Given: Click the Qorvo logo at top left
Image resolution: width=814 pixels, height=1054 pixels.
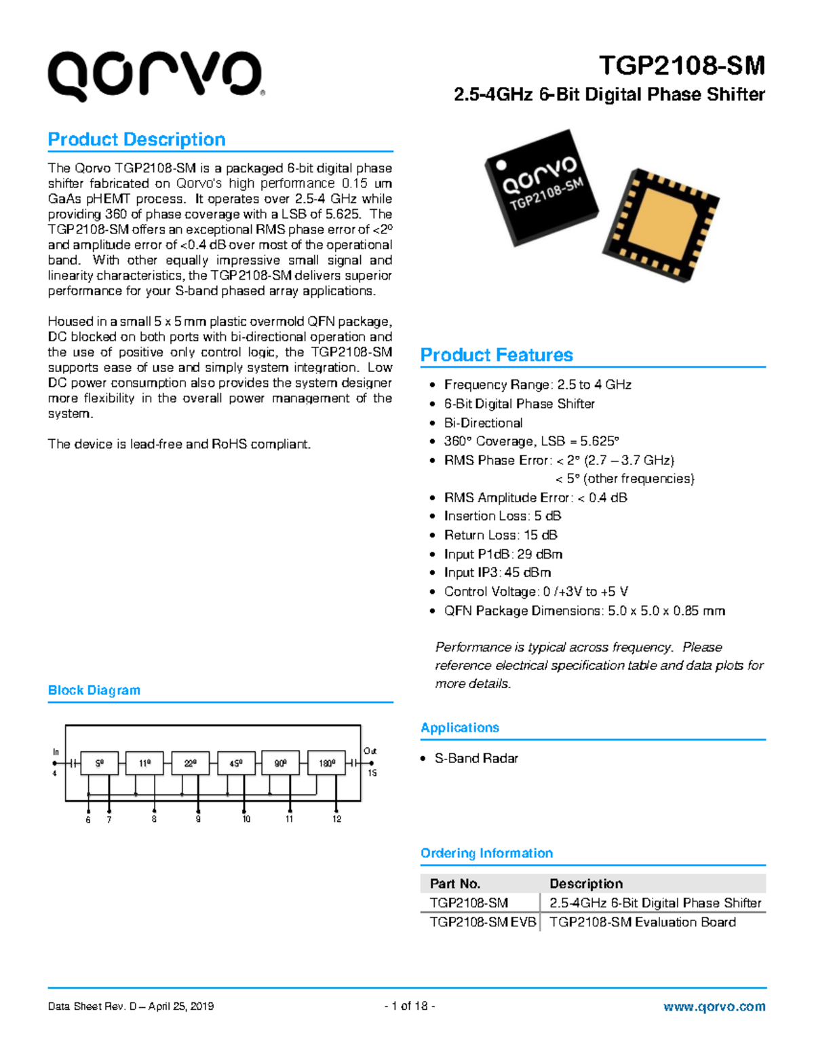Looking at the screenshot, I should point(155,76).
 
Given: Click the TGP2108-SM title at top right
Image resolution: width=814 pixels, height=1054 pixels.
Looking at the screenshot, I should point(681,66).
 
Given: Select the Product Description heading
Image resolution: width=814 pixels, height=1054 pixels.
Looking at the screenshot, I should point(136,140).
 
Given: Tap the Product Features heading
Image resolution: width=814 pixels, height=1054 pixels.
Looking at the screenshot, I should point(497,355).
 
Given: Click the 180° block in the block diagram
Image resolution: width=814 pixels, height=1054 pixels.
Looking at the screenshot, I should point(326,764).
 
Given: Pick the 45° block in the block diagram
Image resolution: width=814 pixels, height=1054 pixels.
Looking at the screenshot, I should point(235,764).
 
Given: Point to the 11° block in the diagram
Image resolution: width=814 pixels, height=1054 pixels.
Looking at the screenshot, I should point(144,764).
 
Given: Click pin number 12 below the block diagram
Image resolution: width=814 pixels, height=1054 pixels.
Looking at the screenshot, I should point(336,819).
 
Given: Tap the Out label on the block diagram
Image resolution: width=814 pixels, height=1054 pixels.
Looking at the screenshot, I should point(370,751).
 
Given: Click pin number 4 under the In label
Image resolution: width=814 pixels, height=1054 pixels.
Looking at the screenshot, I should point(55,773).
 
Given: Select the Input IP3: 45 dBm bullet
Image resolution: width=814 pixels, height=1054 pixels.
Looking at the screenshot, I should point(497,573).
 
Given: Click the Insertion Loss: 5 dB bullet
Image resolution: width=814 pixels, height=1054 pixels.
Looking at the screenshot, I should point(502,516).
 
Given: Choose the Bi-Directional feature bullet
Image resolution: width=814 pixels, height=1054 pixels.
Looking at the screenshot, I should point(483,423).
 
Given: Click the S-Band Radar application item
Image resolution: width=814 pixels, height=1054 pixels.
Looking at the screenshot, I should point(476,759).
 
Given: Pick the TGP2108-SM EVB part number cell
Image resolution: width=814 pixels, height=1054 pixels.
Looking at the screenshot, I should point(482,922).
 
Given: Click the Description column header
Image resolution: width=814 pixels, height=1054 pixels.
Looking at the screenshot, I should point(585,884).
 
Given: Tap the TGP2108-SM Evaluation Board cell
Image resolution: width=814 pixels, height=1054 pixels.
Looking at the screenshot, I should point(642,922).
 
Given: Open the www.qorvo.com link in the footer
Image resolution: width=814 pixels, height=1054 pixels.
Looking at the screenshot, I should point(714,1006).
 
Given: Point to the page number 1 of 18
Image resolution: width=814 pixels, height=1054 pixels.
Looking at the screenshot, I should point(409,1006).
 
